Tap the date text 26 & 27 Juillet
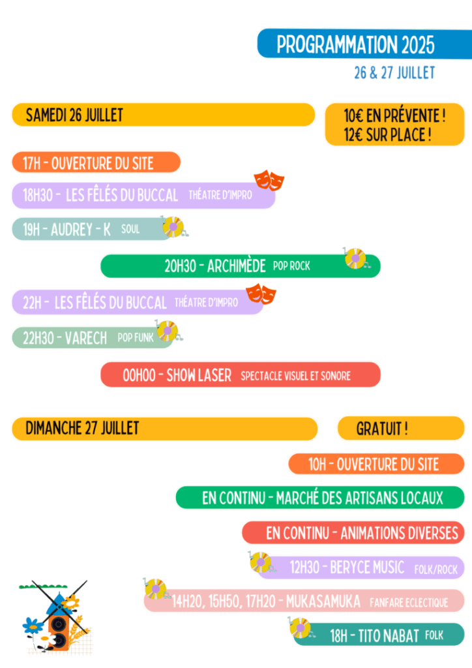click(394, 73)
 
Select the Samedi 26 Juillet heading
click(163, 115)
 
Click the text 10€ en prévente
click(394, 116)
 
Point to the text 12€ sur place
click(387, 135)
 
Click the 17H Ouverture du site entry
click(96, 162)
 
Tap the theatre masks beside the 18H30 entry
click(269, 179)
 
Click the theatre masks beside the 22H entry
click(261, 293)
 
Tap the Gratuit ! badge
click(400, 429)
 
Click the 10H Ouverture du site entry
click(376, 464)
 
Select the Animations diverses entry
click(353, 532)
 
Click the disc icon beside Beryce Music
click(260, 562)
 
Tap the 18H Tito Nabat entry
click(378, 635)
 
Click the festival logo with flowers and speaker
click(56, 616)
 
